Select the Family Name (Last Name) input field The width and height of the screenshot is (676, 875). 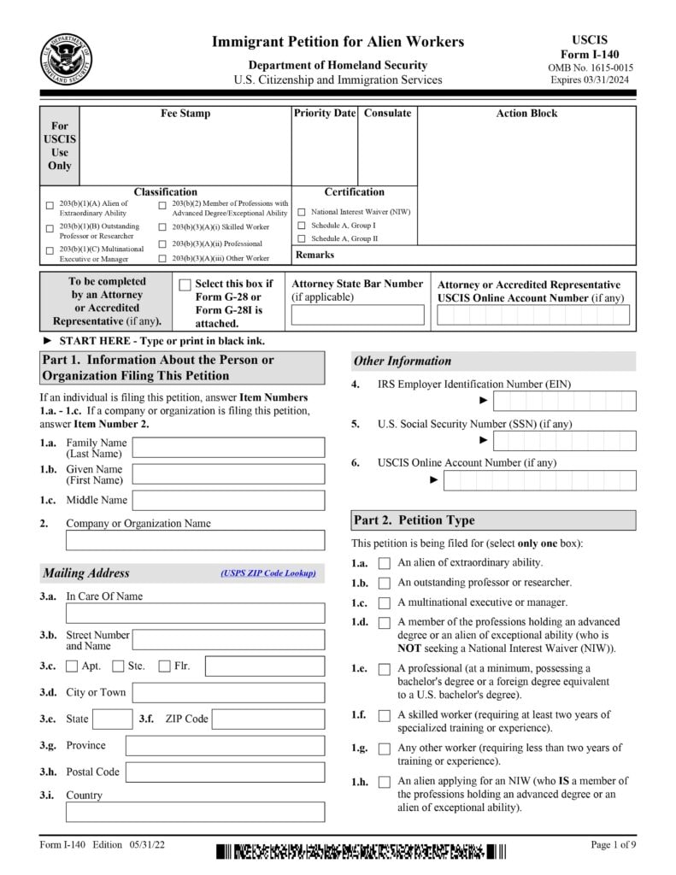tap(228, 448)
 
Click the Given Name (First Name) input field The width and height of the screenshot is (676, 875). tap(228, 474)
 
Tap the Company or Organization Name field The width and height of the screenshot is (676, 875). tap(195, 540)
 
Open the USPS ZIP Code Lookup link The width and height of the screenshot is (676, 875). tap(267, 573)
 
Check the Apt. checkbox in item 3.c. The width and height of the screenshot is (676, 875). tap(72, 667)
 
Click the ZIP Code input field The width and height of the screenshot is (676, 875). tap(267, 719)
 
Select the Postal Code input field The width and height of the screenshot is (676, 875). tap(225, 772)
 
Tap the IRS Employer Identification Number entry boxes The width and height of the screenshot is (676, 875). tap(565, 401)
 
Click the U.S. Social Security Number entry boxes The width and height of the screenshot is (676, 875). tap(565, 441)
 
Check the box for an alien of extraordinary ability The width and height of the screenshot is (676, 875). tap(385, 563)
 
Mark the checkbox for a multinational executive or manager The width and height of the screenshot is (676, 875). tap(385, 603)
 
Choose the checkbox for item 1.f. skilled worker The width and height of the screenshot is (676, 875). tap(385, 715)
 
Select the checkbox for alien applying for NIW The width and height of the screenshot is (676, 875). tap(385, 782)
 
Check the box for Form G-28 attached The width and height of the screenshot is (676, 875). tap(185, 285)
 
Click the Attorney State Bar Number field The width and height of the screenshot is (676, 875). tap(357, 315)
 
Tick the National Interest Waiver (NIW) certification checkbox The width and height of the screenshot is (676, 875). tap(302, 212)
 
